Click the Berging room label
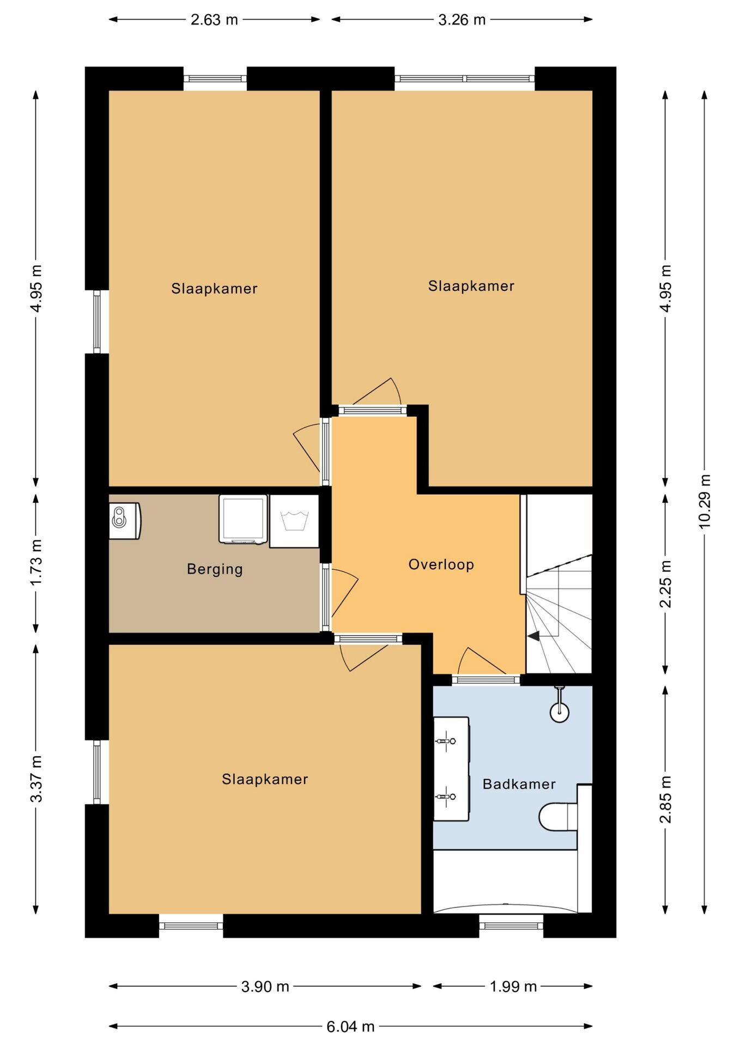[x=215, y=569]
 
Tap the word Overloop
[x=441, y=564]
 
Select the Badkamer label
[x=519, y=784]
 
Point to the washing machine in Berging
[x=243, y=519]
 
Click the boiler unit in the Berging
[x=125, y=521]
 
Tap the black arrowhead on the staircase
[x=533, y=635]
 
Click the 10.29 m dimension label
[x=705, y=501]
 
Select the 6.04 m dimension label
[x=350, y=1027]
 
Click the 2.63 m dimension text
[x=214, y=20]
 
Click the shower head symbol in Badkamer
[x=559, y=706]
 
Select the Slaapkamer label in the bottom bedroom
[x=265, y=780]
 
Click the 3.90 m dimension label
[x=265, y=987]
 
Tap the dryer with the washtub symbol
[x=294, y=521]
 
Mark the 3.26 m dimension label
[x=462, y=20]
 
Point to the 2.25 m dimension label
[x=665, y=583]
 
